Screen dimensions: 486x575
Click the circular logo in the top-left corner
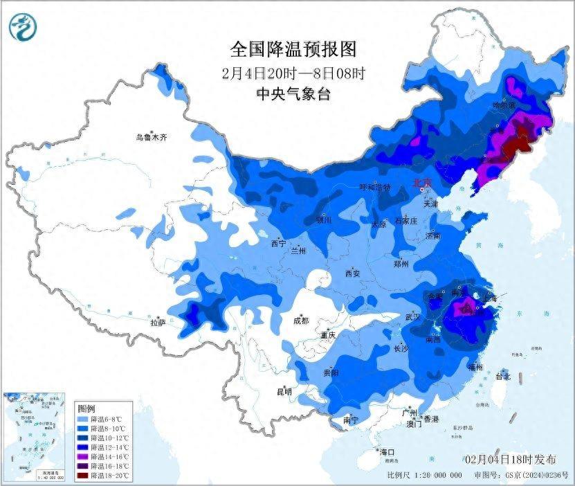[23, 27]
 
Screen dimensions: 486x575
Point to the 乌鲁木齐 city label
[151, 137]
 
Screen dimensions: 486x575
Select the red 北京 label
[421, 183]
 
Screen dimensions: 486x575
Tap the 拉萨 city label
[158, 322]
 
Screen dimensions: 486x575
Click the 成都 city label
[301, 321]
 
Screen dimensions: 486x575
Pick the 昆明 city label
[284, 392]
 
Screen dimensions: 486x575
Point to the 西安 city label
[353, 273]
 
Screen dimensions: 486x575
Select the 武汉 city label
[412, 317]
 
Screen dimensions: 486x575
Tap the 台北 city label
[502, 377]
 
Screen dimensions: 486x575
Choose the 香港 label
[431, 419]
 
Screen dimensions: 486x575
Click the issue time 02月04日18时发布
[510, 459]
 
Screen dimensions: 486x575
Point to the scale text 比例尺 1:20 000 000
[425, 476]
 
